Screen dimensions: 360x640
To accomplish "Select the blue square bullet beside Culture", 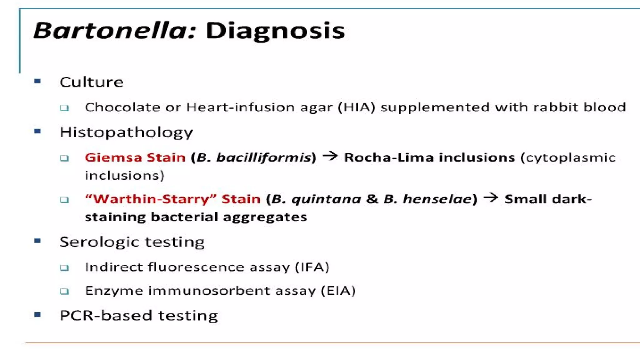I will [x=37, y=82].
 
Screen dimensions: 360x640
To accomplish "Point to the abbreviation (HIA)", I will [x=357, y=107].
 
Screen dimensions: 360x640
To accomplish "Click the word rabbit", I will [x=555, y=107].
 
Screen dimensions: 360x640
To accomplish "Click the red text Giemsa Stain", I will [x=135, y=157].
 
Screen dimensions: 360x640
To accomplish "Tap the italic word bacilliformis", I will [x=264, y=157].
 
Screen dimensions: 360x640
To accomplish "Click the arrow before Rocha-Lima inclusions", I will [x=330, y=156].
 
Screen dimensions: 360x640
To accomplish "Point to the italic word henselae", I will [x=437, y=199].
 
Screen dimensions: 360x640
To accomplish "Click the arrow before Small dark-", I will [x=491, y=197].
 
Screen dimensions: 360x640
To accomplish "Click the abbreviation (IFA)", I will [x=312, y=267].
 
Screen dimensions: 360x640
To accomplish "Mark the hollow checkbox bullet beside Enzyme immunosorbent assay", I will [x=64, y=291].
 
